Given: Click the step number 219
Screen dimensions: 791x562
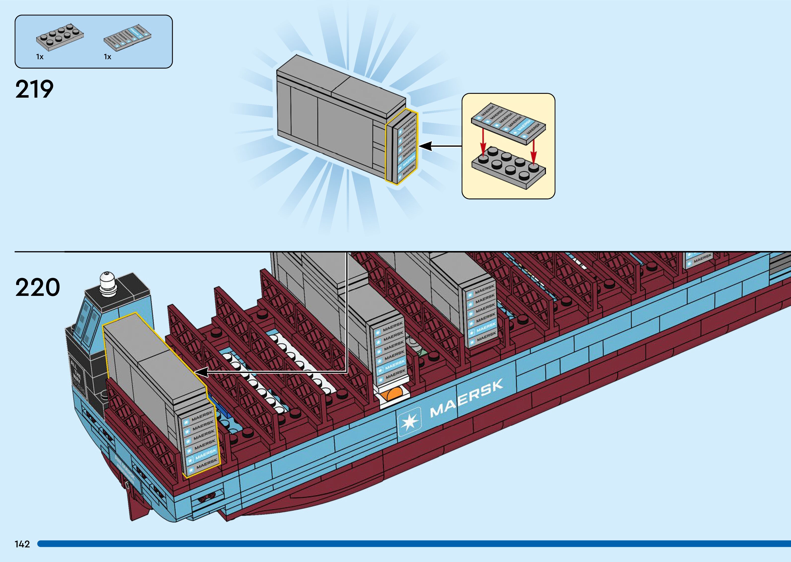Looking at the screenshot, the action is pos(34,89).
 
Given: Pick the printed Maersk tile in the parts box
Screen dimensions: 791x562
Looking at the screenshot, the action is pos(128,38).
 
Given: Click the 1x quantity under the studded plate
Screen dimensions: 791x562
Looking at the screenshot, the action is pos(40,57).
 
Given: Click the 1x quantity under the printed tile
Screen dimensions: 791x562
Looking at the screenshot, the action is pos(107,57).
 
